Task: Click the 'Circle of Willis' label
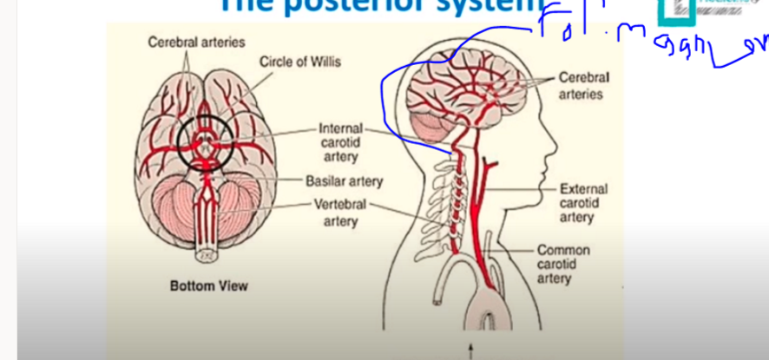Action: point(299,62)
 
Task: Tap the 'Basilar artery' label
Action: point(344,182)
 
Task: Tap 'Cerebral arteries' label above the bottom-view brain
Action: point(196,42)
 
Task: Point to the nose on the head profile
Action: point(556,134)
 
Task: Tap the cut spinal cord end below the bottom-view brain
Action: point(206,257)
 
